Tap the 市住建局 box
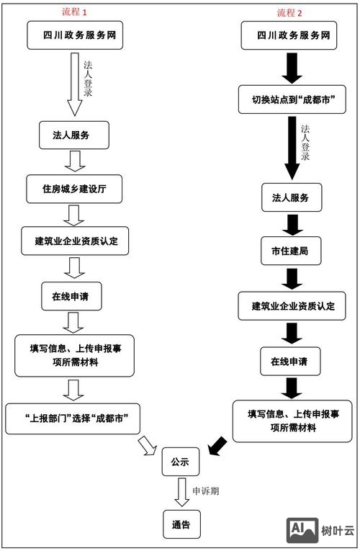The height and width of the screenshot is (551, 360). click(x=291, y=251)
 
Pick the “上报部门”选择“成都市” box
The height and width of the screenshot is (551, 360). click(x=72, y=419)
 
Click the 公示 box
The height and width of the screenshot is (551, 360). click(x=180, y=462)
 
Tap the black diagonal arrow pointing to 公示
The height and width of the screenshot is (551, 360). click(x=217, y=446)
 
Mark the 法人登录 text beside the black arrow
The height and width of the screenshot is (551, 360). click(x=305, y=142)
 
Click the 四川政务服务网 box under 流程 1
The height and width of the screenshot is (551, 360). click(x=75, y=35)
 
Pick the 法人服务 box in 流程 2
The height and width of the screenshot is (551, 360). click(x=291, y=198)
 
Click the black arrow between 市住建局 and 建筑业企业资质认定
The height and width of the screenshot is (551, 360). click(x=291, y=279)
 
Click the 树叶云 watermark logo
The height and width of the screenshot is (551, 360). click(x=320, y=531)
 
